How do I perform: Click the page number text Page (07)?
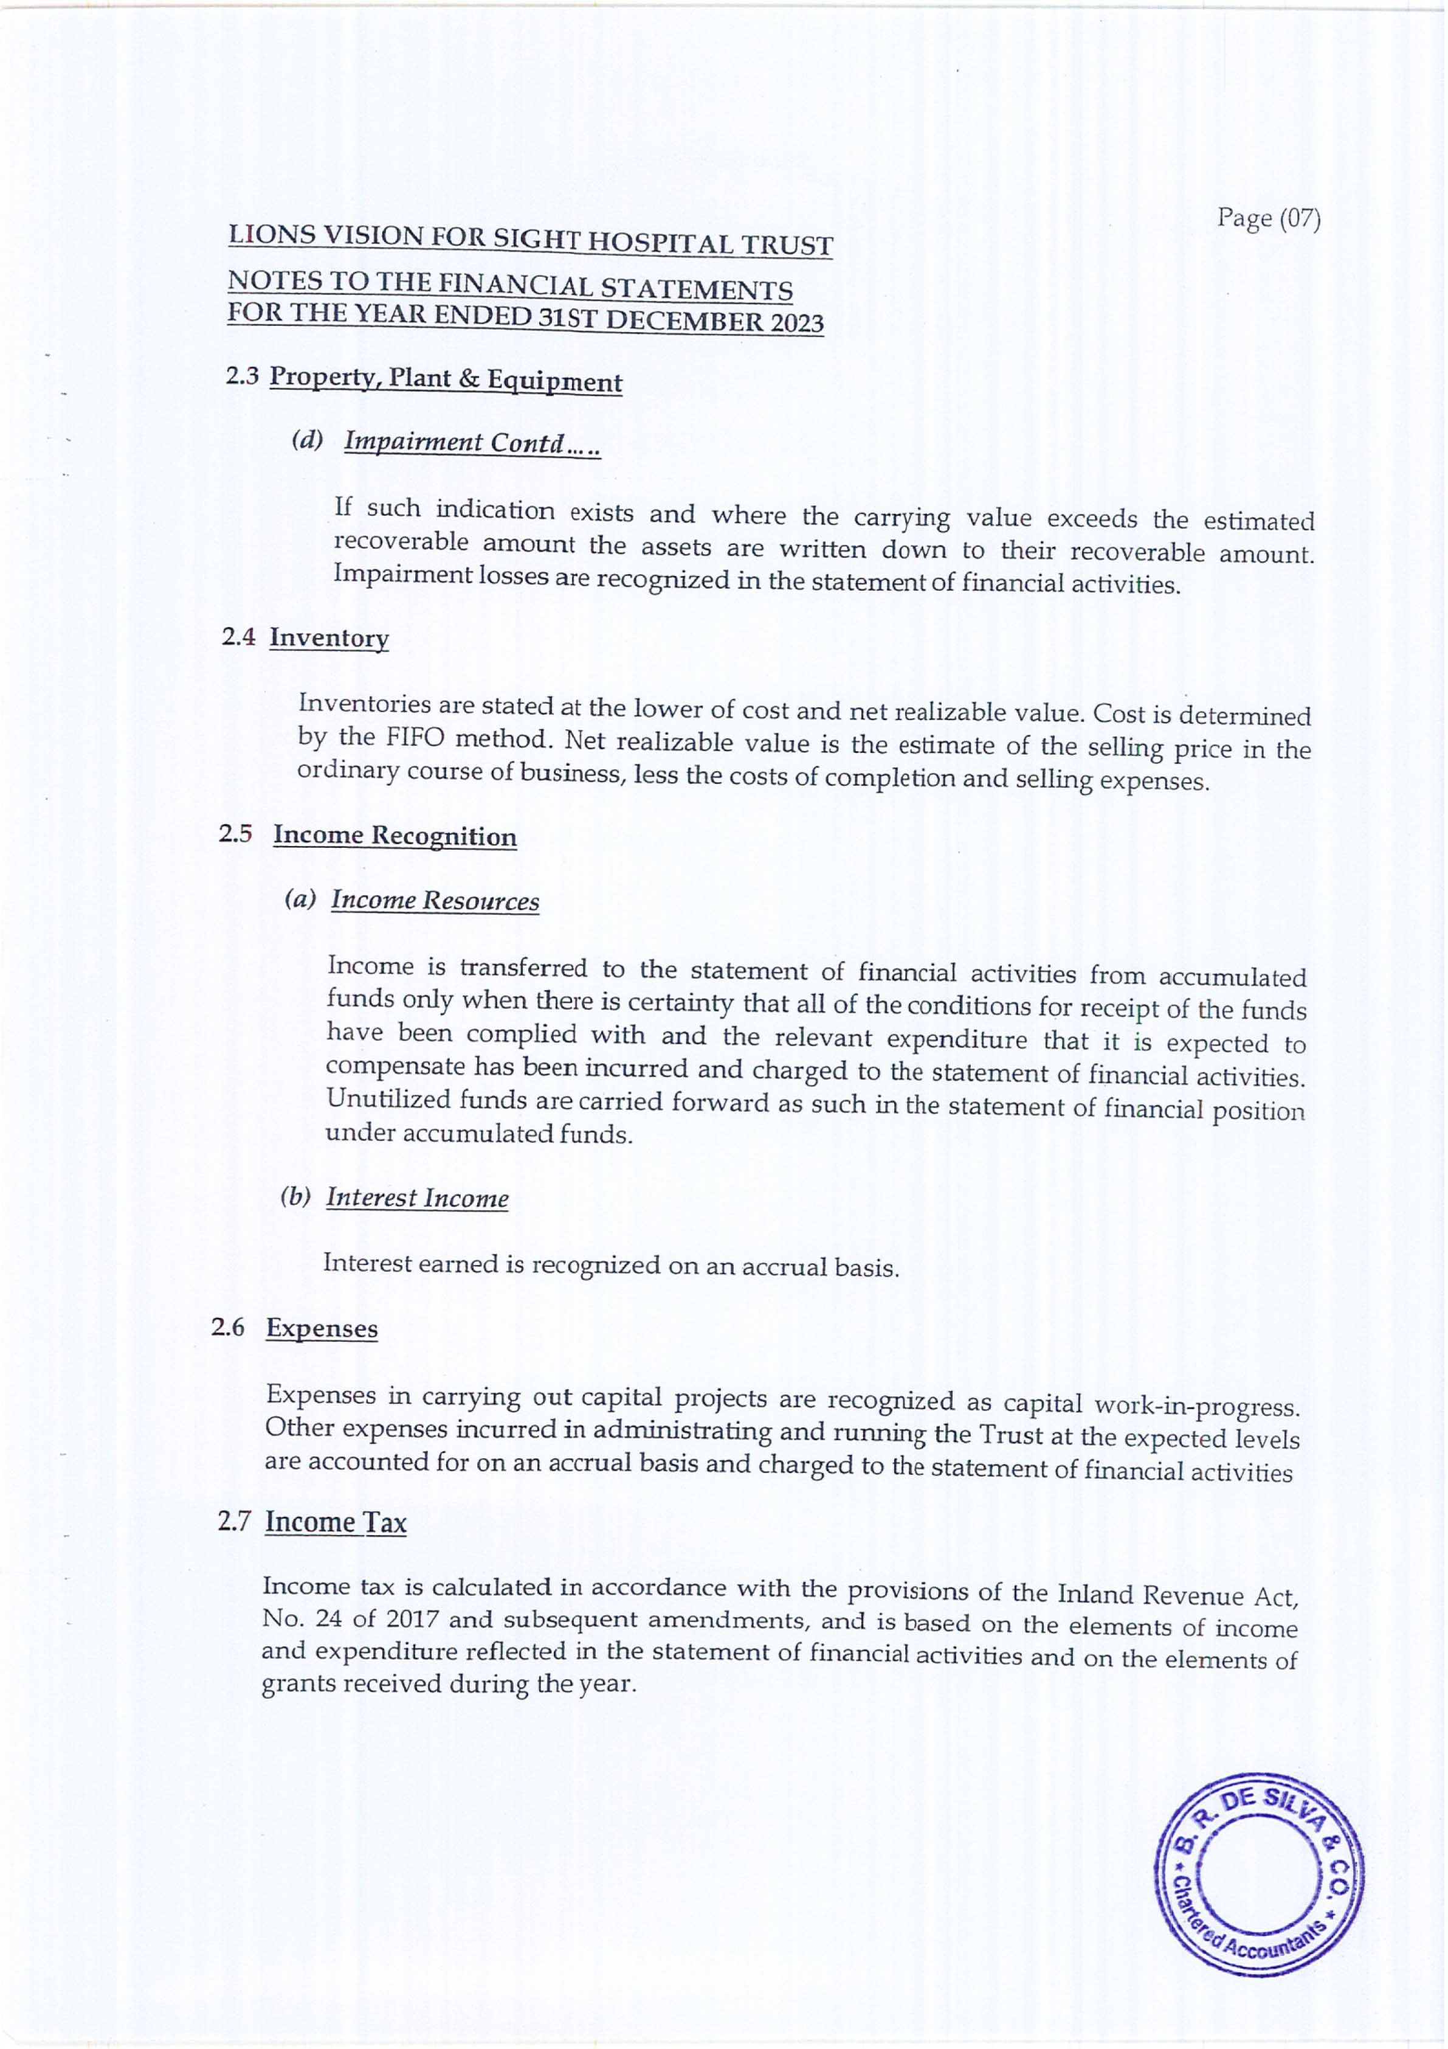point(1268,218)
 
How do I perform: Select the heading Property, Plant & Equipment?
point(445,380)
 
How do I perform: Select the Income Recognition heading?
point(395,836)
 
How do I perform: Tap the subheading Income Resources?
point(435,901)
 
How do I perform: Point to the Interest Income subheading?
point(416,1198)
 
